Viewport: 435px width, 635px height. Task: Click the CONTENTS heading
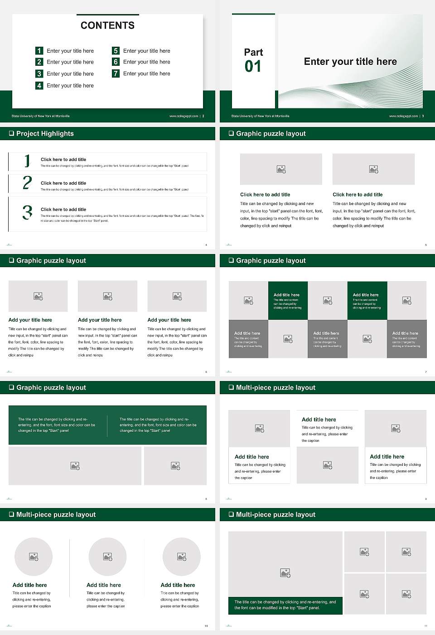[107, 25]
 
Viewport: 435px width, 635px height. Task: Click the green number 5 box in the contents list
[116, 51]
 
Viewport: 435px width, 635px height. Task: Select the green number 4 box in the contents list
[39, 85]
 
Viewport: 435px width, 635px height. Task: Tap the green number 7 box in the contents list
[116, 73]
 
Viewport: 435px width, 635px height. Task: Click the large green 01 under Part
[253, 67]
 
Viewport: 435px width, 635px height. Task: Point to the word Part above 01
[253, 52]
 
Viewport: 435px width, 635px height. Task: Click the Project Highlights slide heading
[45, 133]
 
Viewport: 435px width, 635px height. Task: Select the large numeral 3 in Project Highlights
[27, 212]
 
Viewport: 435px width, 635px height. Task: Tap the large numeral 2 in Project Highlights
[27, 183]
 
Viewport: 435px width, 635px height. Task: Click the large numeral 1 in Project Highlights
[27, 161]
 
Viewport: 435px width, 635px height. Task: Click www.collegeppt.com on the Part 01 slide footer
[403, 116]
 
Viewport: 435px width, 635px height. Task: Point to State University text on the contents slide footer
[40, 116]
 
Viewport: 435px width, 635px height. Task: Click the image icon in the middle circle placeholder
[107, 557]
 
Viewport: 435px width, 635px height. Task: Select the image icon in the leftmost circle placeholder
[34, 557]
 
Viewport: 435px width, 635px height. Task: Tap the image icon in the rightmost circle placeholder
[182, 557]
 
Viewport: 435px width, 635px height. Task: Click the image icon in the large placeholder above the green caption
[285, 573]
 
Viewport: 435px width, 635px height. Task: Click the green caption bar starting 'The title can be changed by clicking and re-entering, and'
[285, 605]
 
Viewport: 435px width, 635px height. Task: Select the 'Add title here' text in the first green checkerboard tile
[286, 295]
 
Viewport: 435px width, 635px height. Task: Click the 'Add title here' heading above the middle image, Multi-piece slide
[319, 420]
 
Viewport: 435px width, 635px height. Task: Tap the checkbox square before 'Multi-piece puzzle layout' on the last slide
[231, 514]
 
